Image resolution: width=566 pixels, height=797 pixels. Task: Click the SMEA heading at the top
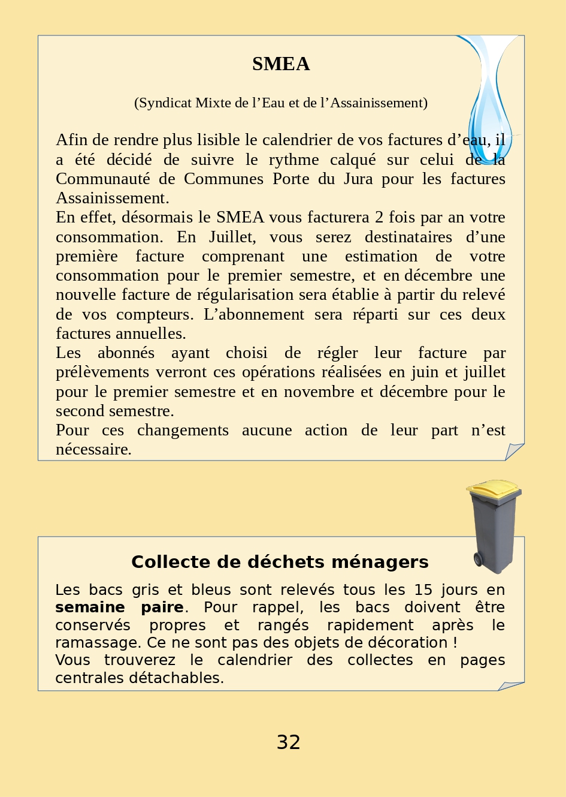[x=281, y=64]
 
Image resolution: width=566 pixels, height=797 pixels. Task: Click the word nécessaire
[x=93, y=450]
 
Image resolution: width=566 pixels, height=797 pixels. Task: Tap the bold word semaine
[x=90, y=607]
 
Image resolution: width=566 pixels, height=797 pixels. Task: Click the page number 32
[x=288, y=742]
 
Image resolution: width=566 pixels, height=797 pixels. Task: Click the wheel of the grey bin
[x=479, y=560]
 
